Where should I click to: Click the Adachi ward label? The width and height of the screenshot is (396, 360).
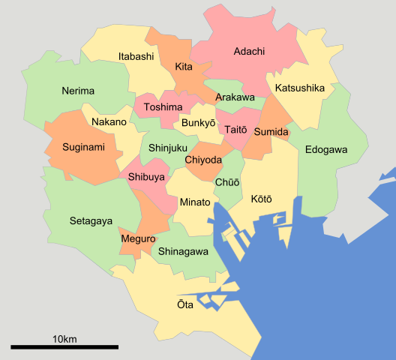[249, 52]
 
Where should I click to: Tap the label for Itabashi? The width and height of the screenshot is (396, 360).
[136, 57]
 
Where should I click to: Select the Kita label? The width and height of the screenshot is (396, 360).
[184, 67]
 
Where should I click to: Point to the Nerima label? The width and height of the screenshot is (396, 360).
[78, 91]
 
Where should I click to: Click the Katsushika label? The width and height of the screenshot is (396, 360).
[300, 88]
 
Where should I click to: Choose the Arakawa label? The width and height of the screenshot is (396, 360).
[235, 98]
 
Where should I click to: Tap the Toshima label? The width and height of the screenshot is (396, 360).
[163, 107]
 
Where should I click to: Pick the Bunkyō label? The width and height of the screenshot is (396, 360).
[199, 122]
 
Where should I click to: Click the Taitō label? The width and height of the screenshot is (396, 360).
[235, 130]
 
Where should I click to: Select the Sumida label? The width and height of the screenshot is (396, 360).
[271, 132]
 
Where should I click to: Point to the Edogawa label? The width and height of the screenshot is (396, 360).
[326, 150]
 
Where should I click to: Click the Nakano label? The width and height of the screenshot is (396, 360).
[109, 122]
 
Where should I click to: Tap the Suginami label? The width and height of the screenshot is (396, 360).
[82, 147]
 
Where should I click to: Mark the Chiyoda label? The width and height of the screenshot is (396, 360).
[203, 160]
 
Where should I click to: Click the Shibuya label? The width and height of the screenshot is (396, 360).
[147, 177]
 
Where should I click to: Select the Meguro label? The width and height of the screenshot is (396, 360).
[137, 239]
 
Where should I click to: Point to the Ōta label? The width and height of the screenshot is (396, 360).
[184, 305]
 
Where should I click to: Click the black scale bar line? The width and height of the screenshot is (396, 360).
[64, 347]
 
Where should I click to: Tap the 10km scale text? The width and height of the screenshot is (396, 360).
[64, 339]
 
